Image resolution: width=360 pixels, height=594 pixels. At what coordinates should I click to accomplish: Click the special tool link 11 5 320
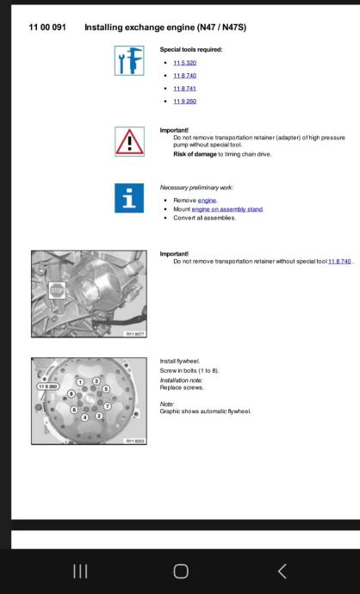[184, 63]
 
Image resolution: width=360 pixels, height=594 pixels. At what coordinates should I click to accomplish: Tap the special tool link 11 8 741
[184, 89]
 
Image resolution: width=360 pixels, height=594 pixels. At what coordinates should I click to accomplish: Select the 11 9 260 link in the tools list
[184, 101]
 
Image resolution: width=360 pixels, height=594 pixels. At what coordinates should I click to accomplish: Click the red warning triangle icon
[129, 141]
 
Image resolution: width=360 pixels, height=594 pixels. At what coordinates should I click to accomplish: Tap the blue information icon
[129, 198]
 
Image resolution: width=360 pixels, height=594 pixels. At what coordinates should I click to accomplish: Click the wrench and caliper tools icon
[129, 60]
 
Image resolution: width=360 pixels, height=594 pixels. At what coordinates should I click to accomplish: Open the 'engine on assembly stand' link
[227, 209]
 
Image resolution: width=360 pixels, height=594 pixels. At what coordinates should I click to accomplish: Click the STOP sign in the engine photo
[57, 291]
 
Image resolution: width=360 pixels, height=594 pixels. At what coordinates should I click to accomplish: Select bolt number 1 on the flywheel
[80, 382]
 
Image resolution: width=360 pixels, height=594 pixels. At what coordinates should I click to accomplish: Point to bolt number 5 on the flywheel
[106, 388]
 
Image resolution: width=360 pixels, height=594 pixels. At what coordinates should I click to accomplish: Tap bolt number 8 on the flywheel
[71, 393]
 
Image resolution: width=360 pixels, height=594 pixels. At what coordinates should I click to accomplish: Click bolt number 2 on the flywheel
[99, 416]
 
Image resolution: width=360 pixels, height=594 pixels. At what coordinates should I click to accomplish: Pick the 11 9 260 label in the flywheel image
[48, 387]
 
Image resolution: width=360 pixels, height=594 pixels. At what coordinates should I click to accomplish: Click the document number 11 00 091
[47, 28]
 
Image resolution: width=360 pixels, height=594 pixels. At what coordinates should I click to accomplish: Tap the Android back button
[282, 572]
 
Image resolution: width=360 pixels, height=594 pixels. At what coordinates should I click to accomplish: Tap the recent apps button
[80, 572]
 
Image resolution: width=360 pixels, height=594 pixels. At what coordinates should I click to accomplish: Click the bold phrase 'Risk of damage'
[195, 154]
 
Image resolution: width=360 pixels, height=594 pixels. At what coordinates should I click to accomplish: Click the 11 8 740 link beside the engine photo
[339, 262]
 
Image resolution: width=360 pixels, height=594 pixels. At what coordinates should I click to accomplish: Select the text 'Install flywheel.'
[180, 361]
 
